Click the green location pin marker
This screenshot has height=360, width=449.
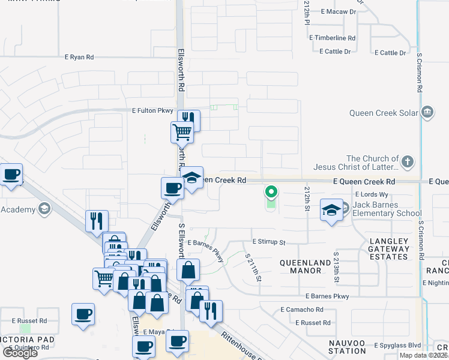(x=271, y=192)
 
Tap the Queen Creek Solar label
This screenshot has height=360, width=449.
(x=384, y=112)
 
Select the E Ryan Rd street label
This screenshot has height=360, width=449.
(x=80, y=57)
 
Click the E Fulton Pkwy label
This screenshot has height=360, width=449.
(x=152, y=110)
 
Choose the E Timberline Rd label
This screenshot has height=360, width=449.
(x=333, y=37)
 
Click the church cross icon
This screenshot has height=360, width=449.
(x=408, y=161)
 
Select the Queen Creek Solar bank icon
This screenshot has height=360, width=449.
(x=427, y=112)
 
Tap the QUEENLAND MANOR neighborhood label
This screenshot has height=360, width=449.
(x=306, y=266)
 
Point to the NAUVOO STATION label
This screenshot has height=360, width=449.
(x=347, y=346)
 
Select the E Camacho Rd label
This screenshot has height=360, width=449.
(x=302, y=310)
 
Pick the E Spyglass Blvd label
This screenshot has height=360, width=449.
(x=398, y=346)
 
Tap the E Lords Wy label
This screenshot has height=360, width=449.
(x=372, y=194)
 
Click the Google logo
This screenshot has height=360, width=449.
(x=20, y=352)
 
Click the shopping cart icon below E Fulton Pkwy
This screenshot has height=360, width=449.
(x=182, y=132)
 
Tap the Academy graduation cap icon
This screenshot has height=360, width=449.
(x=43, y=209)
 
